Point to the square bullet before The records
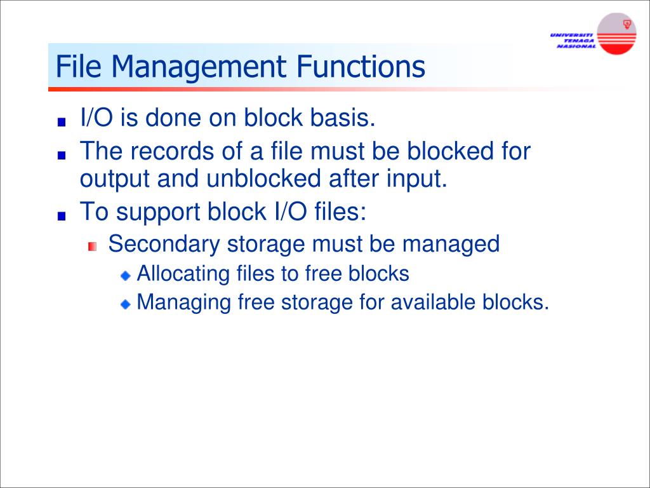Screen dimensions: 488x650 coord(61,155)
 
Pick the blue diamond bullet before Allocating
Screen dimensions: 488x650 coord(126,276)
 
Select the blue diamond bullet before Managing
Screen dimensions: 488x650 coord(126,304)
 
